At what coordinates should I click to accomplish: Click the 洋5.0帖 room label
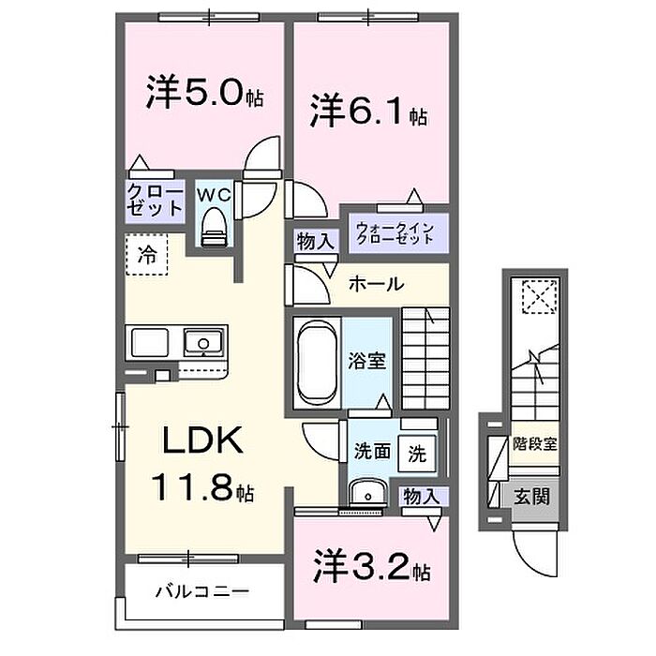tap(203, 95)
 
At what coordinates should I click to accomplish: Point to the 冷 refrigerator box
tap(147, 253)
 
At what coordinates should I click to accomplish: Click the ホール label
tap(378, 284)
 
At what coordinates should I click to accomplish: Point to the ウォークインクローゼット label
tap(394, 231)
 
